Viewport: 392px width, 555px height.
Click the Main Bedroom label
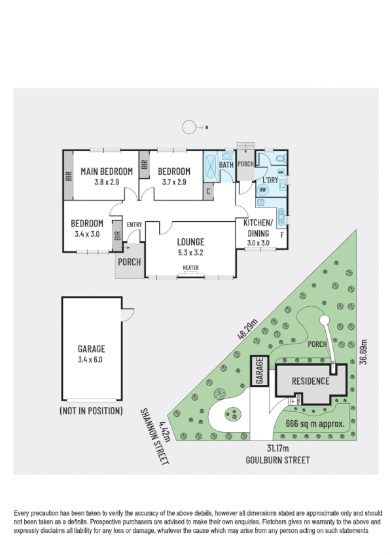[x=107, y=171]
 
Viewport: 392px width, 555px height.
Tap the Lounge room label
[x=190, y=241]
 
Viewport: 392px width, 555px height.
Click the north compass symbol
[x=190, y=127]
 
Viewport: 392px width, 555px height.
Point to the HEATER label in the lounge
[x=190, y=267]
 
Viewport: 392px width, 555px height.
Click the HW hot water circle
[x=263, y=190]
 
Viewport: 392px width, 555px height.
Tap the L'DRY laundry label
[x=271, y=179]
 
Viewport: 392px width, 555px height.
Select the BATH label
[x=226, y=165]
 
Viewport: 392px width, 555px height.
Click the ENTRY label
[x=134, y=224]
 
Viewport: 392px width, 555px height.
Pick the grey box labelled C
[x=208, y=192]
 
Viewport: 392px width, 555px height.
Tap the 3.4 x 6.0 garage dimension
[x=92, y=359]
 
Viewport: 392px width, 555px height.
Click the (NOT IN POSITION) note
[x=92, y=412]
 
